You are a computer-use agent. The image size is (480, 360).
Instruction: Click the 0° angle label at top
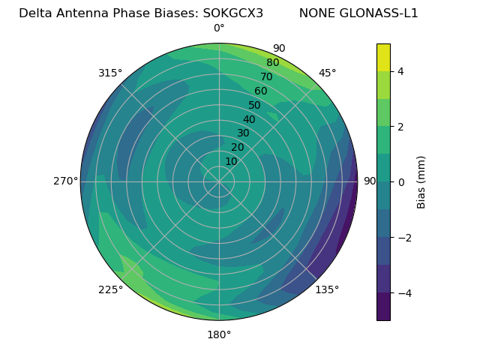coord(219,28)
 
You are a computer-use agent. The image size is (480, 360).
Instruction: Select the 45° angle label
coord(327,73)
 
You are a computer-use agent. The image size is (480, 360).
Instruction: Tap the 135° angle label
coord(327,289)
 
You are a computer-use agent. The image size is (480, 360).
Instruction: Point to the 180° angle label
coord(219,334)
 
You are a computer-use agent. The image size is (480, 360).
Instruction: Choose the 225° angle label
coord(110,290)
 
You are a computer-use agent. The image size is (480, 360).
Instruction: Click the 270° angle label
coord(65,181)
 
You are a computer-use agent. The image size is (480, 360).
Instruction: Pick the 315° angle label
coord(110,73)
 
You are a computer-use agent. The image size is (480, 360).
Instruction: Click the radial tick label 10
coord(231,161)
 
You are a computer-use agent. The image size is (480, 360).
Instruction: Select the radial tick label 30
coord(243,133)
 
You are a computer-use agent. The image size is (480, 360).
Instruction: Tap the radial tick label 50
coord(254,106)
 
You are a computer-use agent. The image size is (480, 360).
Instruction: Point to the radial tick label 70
coord(266,77)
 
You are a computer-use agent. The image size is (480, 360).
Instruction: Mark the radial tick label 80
coord(272,63)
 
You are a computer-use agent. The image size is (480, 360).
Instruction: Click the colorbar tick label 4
coord(401,71)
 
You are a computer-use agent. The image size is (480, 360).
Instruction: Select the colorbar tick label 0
coord(401,181)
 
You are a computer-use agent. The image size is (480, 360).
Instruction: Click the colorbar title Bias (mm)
coord(421,181)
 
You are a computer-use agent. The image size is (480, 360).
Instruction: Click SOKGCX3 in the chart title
coord(233,13)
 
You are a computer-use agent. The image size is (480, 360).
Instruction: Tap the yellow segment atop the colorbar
coord(383,58)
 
